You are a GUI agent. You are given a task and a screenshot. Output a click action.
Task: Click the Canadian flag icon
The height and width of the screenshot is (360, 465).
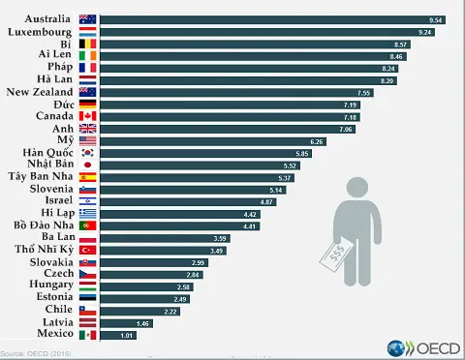pos(87,116)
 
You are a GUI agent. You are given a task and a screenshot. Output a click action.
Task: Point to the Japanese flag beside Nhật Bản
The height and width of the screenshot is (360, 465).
pos(87,165)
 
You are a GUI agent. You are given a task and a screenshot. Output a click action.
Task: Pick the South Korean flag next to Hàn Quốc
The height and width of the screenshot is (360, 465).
pos(87,153)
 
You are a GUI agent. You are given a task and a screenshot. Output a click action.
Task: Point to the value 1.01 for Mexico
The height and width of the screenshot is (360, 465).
pos(125,335)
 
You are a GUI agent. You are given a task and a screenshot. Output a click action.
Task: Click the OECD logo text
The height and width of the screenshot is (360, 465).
pos(432,347)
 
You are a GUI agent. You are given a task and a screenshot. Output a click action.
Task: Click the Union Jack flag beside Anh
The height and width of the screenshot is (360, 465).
pos(87,129)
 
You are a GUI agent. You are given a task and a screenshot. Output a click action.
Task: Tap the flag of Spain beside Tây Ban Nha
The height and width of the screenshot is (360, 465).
pos(87,177)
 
